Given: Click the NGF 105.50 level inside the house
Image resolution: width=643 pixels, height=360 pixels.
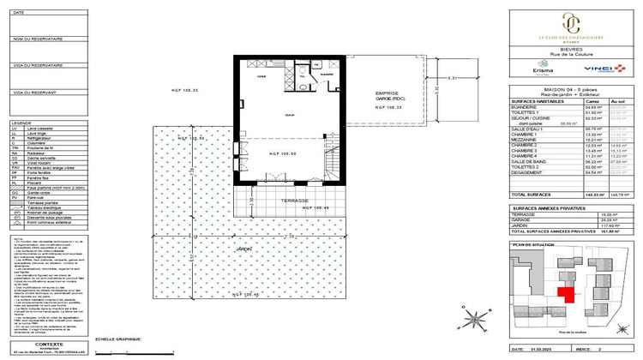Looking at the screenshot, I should (283, 153).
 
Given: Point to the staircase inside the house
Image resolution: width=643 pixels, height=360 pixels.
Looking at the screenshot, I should (332, 165).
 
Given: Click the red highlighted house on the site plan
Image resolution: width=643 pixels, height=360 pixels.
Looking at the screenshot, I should (565, 295).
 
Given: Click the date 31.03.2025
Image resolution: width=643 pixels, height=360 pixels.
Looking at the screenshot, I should (541, 350).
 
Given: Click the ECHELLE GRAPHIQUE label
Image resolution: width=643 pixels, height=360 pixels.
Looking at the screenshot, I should (118, 339).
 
